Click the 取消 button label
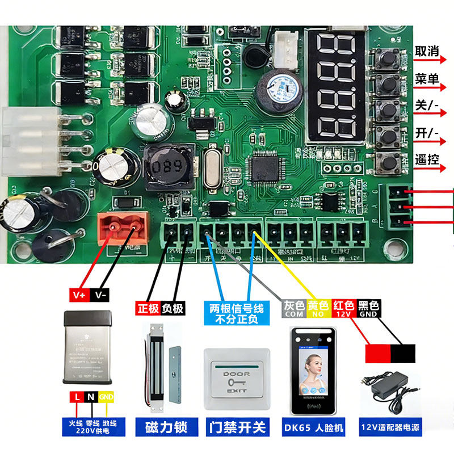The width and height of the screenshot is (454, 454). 427,52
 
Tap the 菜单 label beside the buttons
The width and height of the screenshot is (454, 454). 427,79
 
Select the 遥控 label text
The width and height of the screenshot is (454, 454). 427,159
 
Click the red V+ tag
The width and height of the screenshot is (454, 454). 79,296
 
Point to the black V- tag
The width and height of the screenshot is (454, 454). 100,296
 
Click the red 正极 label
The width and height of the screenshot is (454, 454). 148,308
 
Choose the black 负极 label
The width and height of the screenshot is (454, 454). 173,308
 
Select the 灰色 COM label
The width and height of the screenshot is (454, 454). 294,308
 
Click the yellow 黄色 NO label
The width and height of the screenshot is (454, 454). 318,308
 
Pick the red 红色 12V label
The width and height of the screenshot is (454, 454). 343,308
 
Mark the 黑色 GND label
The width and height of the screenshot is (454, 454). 368,308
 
